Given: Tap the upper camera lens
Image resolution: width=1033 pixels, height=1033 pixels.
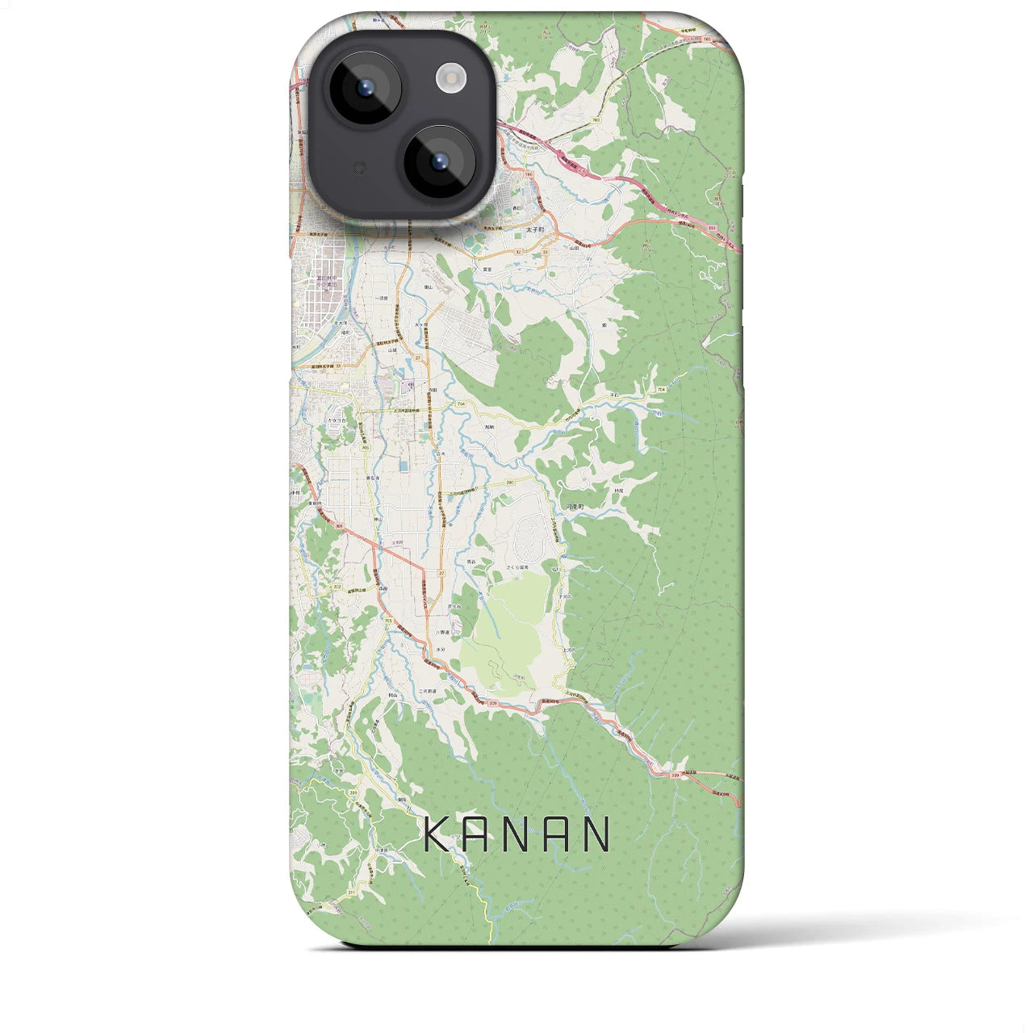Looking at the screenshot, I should (361, 88).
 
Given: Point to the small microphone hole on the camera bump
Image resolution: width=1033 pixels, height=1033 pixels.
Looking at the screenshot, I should (358, 168).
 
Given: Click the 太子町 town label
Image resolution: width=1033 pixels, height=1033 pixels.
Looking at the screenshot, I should (536, 228).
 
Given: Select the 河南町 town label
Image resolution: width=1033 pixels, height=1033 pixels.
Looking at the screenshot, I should (574, 506).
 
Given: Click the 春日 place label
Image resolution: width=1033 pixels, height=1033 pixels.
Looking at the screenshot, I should (519, 208).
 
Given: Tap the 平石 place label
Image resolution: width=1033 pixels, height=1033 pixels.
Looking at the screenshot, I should (614, 395).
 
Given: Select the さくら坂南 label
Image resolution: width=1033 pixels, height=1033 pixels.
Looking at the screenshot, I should (516, 567).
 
